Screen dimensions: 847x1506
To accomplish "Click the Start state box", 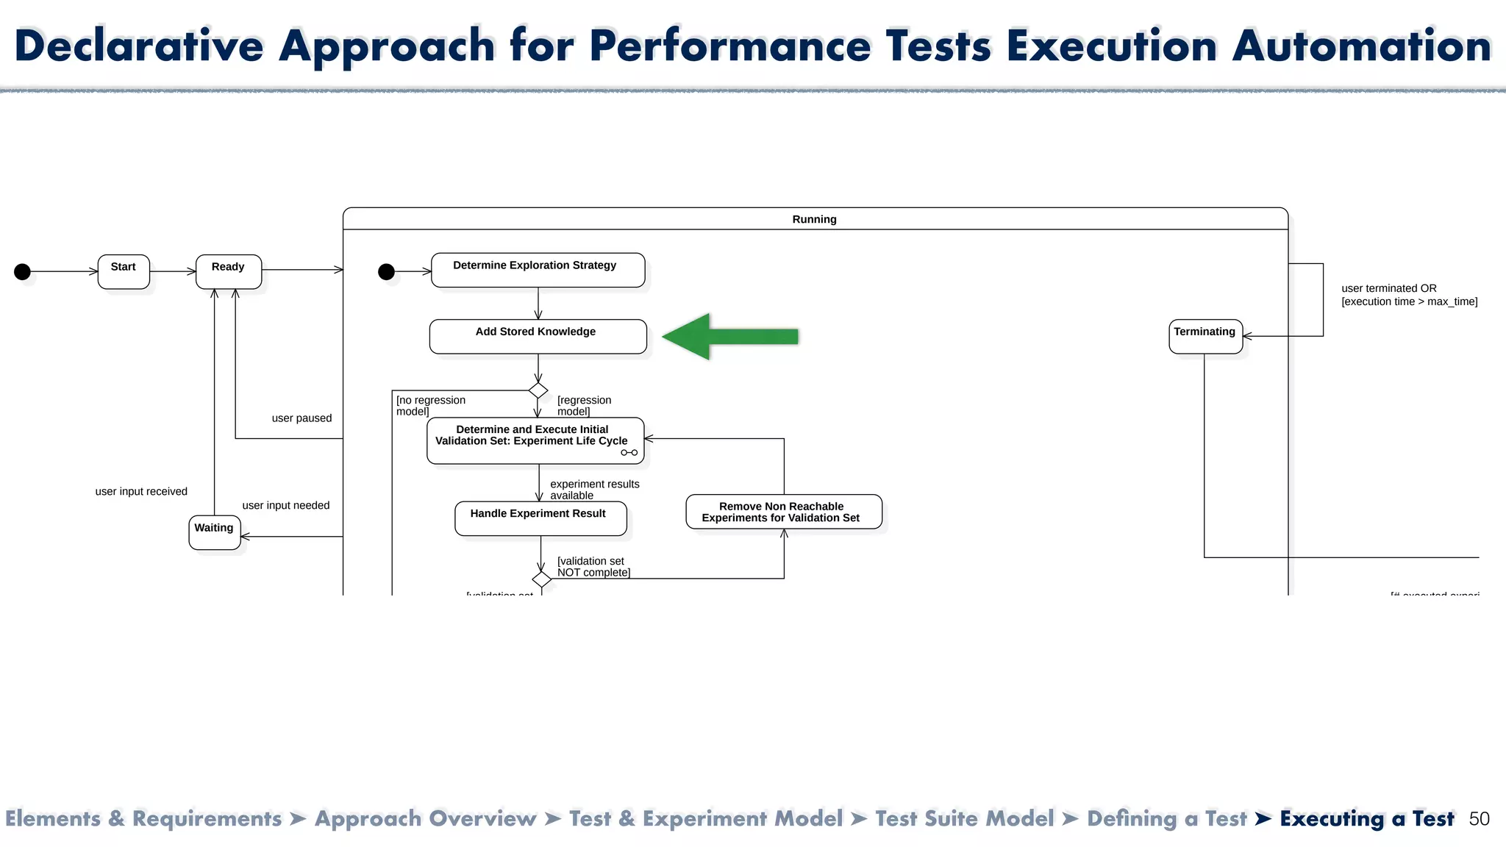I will pyautogui.click(x=124, y=271).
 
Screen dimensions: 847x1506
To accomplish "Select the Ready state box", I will pyautogui.click(x=229, y=271).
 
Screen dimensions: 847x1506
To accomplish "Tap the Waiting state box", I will pyautogui.click(x=214, y=532).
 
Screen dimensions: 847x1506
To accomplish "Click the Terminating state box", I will pyautogui.click(x=1205, y=336).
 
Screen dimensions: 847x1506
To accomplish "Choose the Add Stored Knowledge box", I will pyautogui.click(x=538, y=336).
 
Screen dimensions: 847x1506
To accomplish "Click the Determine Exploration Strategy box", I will pyautogui.click(x=538, y=270).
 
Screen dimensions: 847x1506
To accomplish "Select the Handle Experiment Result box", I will pyautogui.click(x=540, y=518).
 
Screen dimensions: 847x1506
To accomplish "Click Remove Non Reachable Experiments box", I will pyautogui.click(x=783, y=512).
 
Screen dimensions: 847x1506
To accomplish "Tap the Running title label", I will pyautogui.click(x=814, y=219).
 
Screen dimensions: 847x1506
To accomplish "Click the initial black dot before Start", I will pyautogui.click(x=23, y=272).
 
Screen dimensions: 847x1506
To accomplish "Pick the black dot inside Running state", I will pyautogui.click(x=386, y=272).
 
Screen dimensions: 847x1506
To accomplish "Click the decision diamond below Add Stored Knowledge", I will pyautogui.click(x=538, y=390).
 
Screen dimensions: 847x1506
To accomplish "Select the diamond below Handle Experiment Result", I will pyautogui.click(x=542, y=579).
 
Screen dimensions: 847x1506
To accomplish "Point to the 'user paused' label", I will pyautogui.click(x=301, y=418).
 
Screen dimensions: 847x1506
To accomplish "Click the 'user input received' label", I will pyautogui.click(x=141, y=492).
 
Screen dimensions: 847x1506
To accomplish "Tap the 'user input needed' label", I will pyautogui.click(x=285, y=506).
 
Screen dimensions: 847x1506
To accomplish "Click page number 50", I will pyautogui.click(x=1479, y=819).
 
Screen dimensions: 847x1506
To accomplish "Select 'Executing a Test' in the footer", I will pyautogui.click(x=1366, y=819).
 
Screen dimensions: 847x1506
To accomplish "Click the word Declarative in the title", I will pyautogui.click(x=138, y=46).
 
